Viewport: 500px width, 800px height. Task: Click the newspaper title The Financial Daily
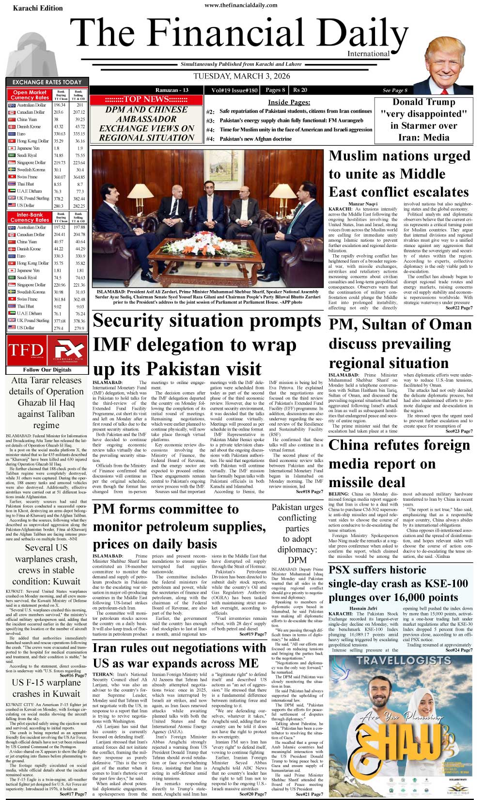[x=242, y=35]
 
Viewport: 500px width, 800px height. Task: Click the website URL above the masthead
[x=241, y=5]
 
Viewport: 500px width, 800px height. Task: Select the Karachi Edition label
[x=38, y=8]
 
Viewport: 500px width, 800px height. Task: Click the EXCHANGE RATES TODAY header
[x=47, y=82]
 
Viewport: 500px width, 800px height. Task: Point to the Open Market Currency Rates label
[x=30, y=95]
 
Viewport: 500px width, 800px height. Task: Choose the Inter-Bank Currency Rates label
[x=30, y=217]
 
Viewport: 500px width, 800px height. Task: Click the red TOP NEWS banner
[x=146, y=99]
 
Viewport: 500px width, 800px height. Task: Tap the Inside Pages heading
[x=289, y=102]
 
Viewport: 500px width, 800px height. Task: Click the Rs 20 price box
[x=300, y=90]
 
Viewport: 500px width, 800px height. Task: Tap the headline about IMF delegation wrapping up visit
[x=207, y=344]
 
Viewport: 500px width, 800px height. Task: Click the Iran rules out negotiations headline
[x=179, y=655]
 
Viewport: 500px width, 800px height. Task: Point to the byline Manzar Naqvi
[x=362, y=204]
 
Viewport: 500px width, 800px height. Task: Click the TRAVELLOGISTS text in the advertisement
[x=404, y=661]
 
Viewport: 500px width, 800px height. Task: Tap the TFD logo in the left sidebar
[x=26, y=350]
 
